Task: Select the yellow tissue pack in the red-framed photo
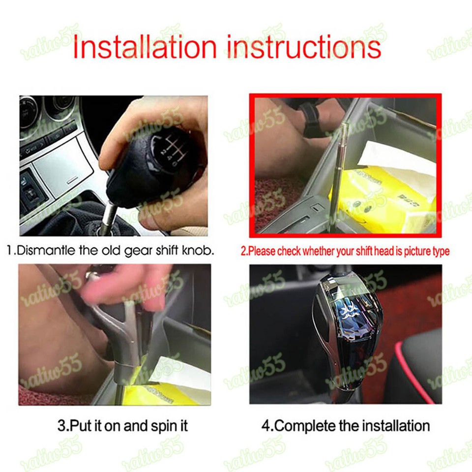(x=383, y=197)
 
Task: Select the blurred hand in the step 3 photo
(x=123, y=290)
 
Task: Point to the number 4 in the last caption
(x=265, y=425)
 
